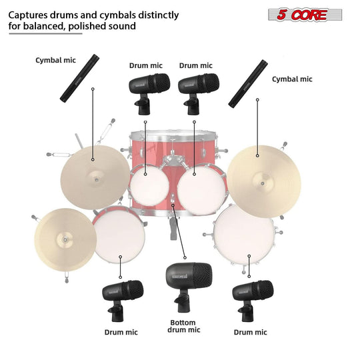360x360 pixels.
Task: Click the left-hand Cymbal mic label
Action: tap(57, 60)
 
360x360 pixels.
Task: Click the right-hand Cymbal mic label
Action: tap(292, 79)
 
